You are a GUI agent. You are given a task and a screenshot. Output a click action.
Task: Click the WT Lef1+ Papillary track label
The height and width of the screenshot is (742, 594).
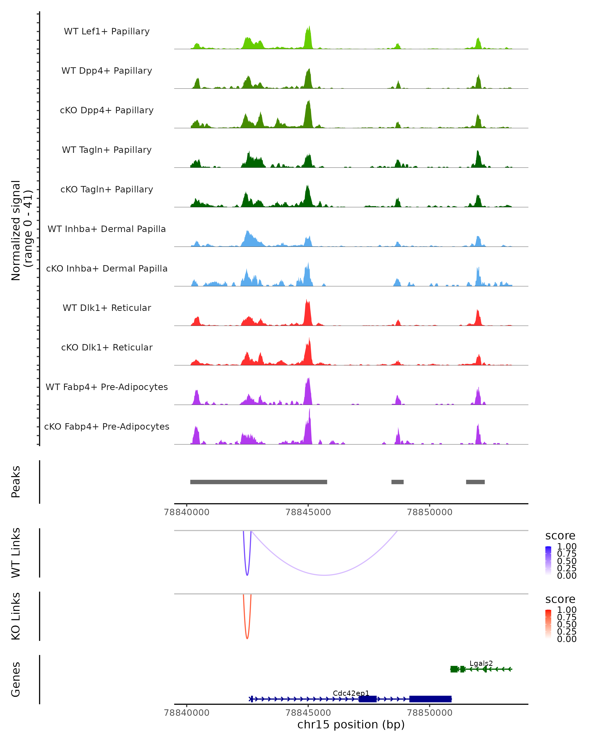coord(107,31)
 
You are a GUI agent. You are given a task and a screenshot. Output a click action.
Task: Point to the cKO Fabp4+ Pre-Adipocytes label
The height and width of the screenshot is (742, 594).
coord(107,426)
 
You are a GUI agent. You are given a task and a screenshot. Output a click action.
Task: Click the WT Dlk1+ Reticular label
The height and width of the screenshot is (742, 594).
coord(107,308)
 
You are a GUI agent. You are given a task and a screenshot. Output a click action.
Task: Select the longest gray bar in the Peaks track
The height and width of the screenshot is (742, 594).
coord(258,482)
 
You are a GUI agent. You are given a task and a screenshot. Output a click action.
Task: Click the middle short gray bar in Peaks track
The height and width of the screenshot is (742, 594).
coord(397,482)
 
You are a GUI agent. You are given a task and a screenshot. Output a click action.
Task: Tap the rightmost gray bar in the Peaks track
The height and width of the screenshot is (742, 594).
coord(475,482)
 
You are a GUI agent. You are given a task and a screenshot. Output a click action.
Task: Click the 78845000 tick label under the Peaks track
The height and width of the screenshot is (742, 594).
coord(308,512)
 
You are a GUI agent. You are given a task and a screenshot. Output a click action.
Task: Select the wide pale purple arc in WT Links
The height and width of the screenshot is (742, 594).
coord(324,575)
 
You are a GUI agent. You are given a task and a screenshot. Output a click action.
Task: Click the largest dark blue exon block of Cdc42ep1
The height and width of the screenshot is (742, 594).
coord(430,699)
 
